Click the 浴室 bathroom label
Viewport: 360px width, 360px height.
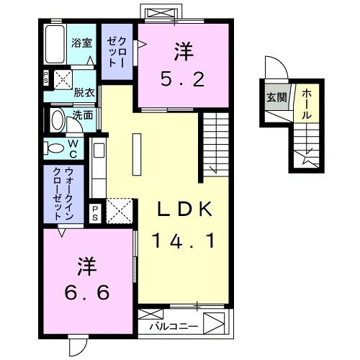(81, 42)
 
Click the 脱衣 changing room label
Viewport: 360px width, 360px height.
(84, 93)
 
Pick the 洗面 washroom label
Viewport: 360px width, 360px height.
(82, 114)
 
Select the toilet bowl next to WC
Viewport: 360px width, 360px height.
(54, 148)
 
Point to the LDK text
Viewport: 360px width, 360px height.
(184, 210)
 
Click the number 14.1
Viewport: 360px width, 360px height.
(184, 240)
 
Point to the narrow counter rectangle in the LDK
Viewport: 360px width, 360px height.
(134, 154)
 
